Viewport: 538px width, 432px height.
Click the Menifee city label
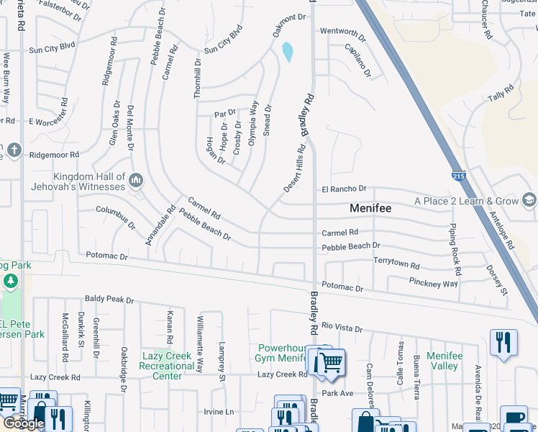(x=370, y=208)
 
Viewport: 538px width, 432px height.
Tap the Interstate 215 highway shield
(x=458, y=176)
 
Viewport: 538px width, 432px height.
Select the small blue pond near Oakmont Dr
(x=288, y=52)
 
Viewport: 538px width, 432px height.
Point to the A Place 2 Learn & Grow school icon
(x=529, y=200)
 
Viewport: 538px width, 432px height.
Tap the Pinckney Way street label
(x=433, y=282)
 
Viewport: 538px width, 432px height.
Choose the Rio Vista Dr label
(x=342, y=328)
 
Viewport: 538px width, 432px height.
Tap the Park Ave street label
(x=337, y=393)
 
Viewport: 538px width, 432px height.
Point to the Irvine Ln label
(x=219, y=411)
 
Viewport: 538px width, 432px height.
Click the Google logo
(x=24, y=423)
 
